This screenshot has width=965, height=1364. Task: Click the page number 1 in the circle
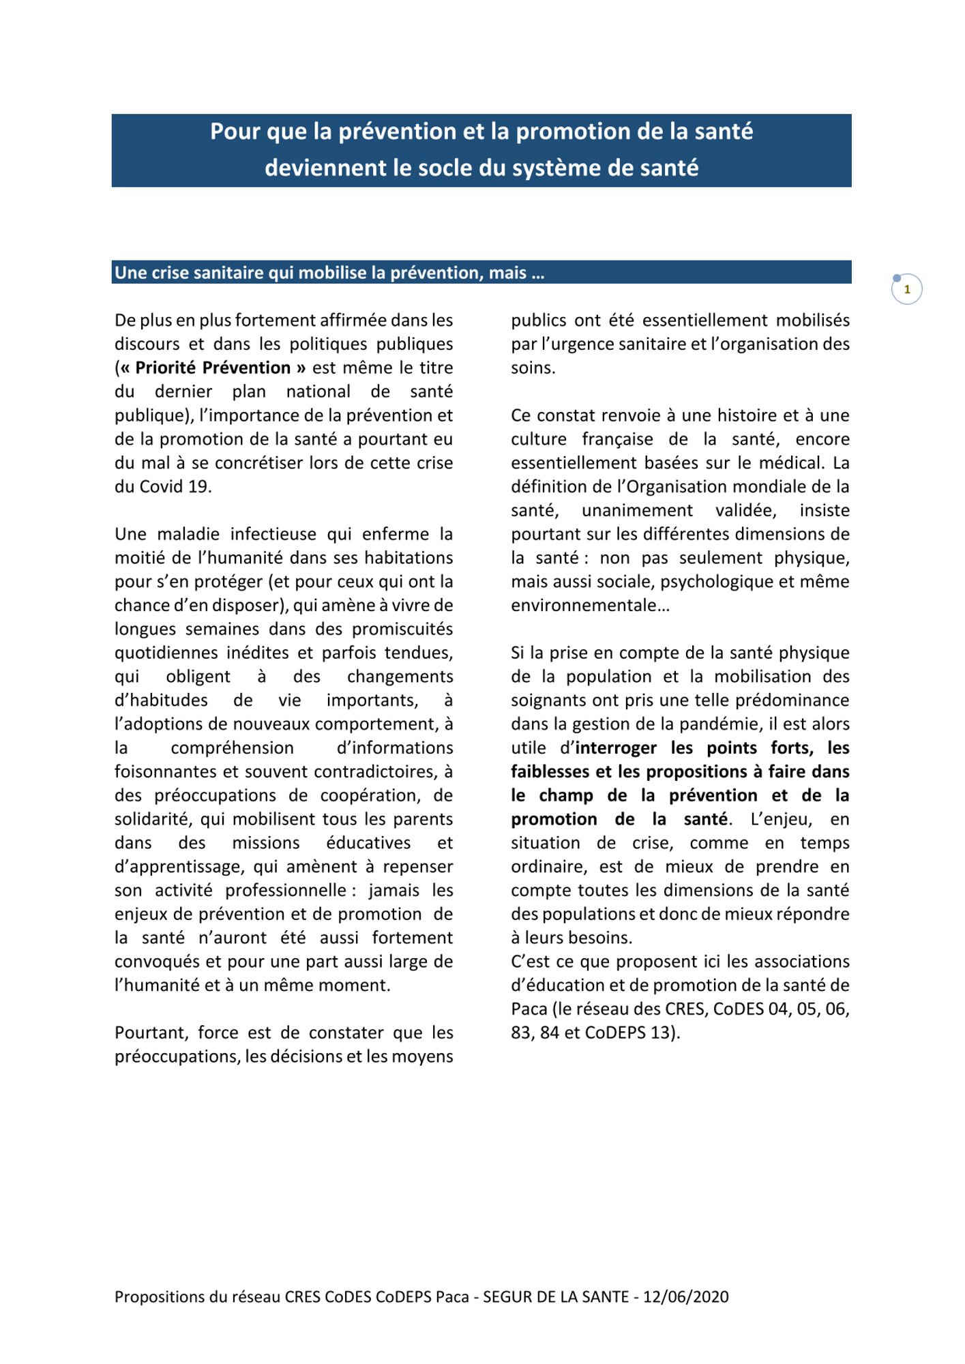pyautogui.click(x=906, y=290)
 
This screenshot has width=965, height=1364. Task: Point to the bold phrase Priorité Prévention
pyautogui.click(x=213, y=368)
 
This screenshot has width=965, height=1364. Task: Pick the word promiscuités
pyautogui.click(x=402, y=629)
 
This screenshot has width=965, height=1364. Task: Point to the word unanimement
pyautogui.click(x=637, y=510)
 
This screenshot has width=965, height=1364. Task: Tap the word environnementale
pyautogui.click(x=584, y=606)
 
